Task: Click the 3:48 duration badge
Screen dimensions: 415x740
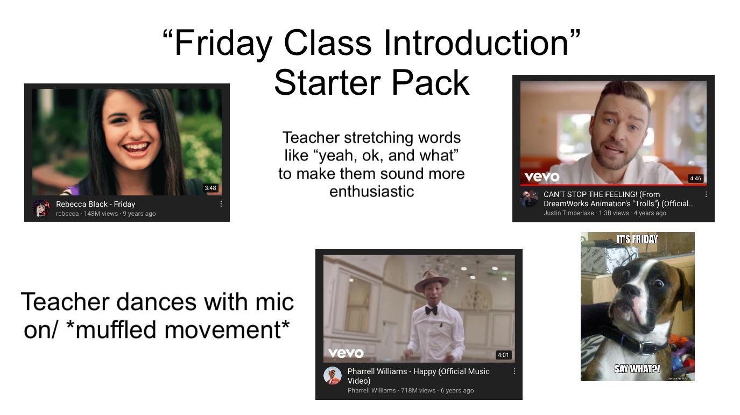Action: tap(210, 188)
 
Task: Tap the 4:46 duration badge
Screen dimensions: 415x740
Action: tap(695, 178)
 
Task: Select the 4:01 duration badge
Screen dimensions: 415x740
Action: tap(503, 355)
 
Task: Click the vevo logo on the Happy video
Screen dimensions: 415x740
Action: tap(346, 353)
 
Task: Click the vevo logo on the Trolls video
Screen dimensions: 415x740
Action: tap(542, 177)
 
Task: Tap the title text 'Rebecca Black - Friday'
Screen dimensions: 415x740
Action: tap(95, 204)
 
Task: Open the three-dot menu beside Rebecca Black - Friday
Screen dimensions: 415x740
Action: tap(221, 204)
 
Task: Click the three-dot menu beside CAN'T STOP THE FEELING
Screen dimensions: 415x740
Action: tap(706, 194)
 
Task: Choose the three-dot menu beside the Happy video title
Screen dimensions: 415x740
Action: tap(514, 371)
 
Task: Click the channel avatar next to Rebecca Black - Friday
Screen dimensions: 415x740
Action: tap(41, 208)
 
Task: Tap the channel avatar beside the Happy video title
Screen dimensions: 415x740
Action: tap(333, 376)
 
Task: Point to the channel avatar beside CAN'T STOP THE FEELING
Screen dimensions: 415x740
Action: tap(529, 198)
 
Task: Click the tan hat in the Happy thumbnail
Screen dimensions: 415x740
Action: tap(432, 280)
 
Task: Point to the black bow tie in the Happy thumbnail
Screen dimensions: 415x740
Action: tap(431, 310)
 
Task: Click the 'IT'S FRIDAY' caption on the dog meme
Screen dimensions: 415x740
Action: tap(637, 239)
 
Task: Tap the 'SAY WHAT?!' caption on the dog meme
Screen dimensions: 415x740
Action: tap(637, 369)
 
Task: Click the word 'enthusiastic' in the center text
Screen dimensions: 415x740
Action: tap(371, 191)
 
